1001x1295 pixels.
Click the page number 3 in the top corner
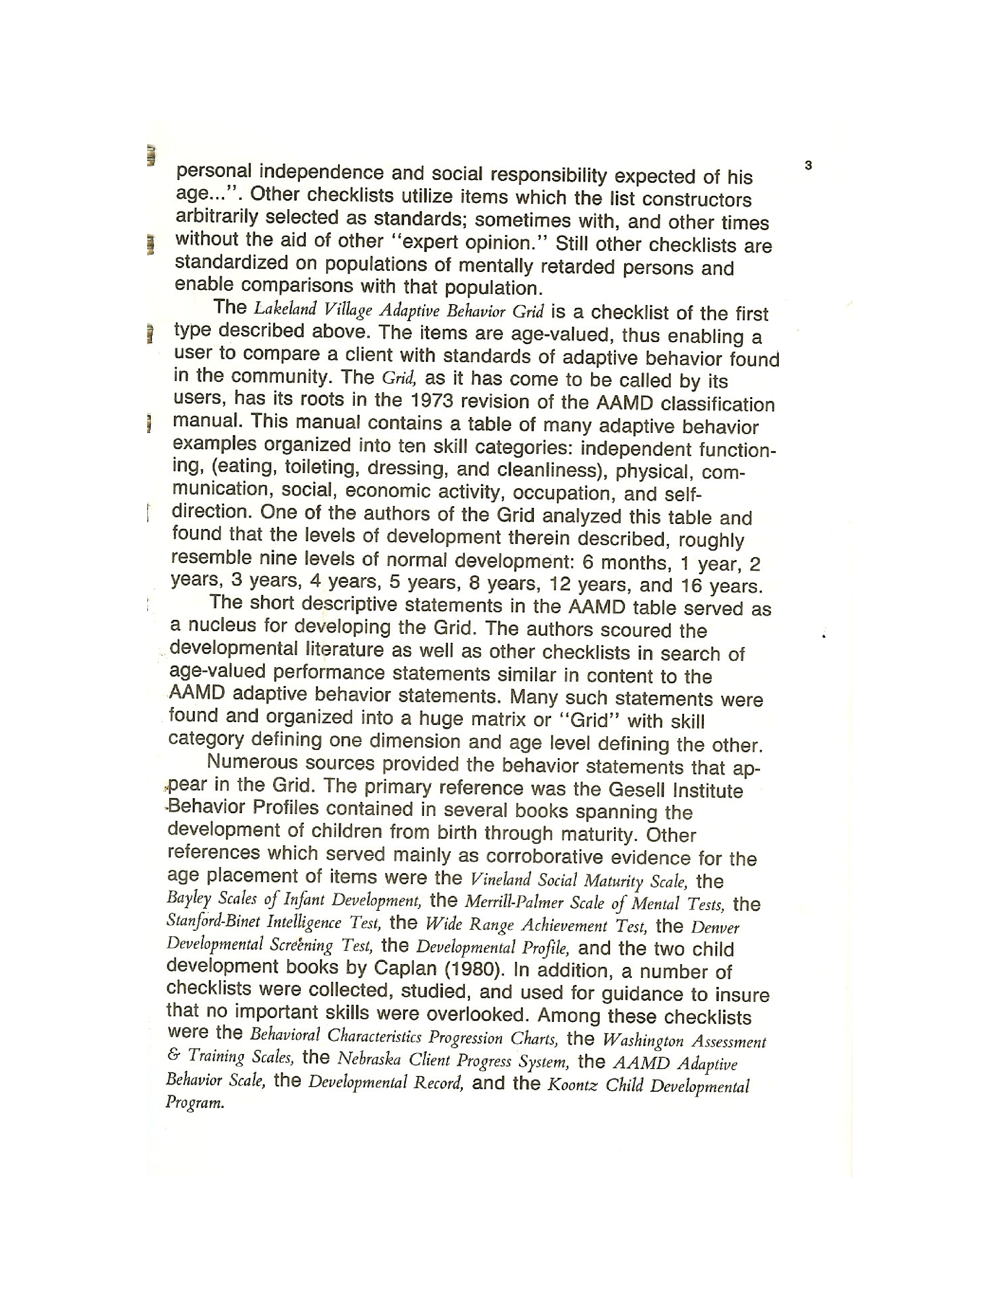click(x=808, y=166)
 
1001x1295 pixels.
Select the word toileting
click(x=320, y=467)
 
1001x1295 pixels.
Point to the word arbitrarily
click(x=217, y=217)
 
